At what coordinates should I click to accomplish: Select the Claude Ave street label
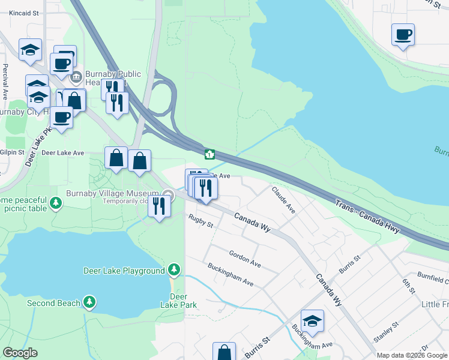tap(284, 200)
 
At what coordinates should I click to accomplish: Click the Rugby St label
tap(200, 221)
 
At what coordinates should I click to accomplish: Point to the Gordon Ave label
tap(244, 259)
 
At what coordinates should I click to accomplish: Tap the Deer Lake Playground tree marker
tap(174, 269)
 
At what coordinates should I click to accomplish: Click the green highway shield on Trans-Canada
tap(209, 154)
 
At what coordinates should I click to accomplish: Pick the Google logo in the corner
tap(20, 353)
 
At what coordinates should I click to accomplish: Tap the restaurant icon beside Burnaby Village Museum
tap(159, 206)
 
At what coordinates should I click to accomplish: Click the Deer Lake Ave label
tap(62, 153)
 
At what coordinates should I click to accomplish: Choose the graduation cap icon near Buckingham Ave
tap(312, 321)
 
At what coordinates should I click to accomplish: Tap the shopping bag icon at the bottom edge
tap(224, 352)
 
